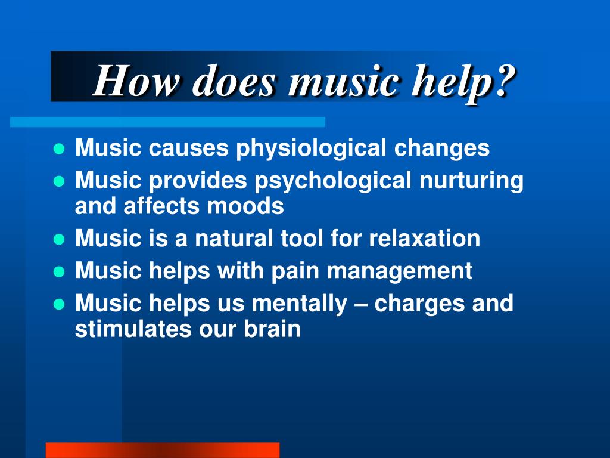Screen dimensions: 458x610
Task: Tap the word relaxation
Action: pyautogui.click(x=424, y=239)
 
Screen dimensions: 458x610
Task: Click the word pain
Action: pyautogui.click(x=297, y=271)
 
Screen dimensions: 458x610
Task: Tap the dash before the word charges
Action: pyautogui.click(x=360, y=304)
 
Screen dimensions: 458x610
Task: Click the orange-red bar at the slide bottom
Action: pyautogui.click(x=162, y=450)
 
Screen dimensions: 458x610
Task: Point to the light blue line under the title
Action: pyautogui.click(x=167, y=122)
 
